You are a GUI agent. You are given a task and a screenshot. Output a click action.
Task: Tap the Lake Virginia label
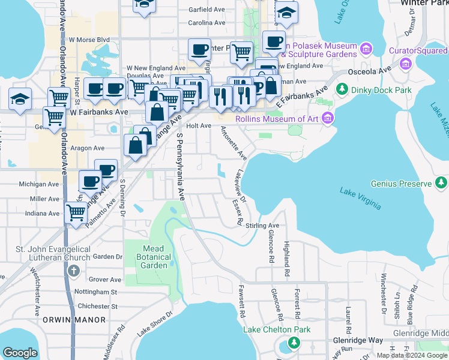360,199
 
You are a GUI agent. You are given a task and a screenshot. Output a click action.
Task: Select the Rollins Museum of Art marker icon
328,118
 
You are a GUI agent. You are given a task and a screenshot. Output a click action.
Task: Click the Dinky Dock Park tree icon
342,89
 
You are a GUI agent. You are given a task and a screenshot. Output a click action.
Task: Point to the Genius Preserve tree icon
442,182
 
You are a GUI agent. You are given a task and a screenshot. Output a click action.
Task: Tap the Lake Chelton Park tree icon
294,343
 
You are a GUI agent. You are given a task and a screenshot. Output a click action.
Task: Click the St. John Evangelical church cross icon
73,271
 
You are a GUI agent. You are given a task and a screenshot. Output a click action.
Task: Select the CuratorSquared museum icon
406,63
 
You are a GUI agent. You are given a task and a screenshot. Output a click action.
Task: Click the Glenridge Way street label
358,340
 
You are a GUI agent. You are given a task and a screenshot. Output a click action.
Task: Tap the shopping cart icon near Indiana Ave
76,212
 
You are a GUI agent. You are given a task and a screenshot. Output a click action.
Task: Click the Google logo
20,353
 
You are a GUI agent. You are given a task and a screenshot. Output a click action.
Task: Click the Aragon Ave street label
87,148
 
